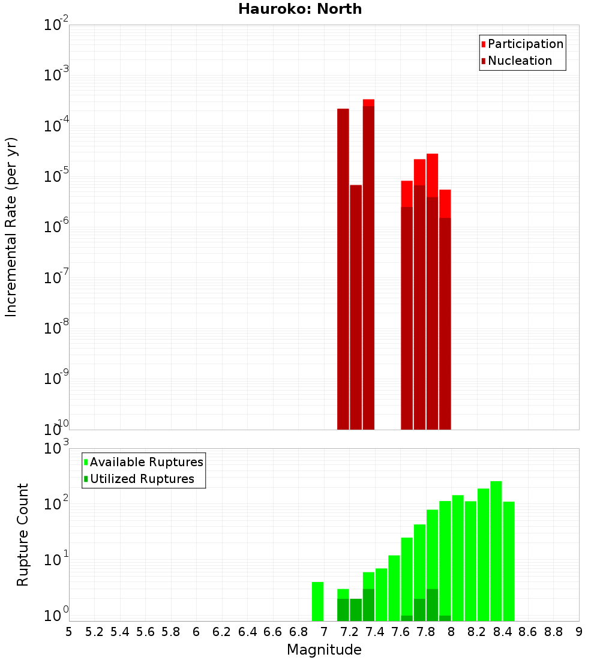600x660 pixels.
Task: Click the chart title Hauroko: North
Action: (x=300, y=9)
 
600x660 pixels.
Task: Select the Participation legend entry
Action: (x=526, y=44)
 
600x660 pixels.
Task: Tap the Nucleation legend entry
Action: (x=520, y=61)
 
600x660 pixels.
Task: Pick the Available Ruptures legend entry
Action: (x=146, y=462)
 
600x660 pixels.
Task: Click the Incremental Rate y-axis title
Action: (x=11, y=227)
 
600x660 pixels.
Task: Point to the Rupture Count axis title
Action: (x=23, y=535)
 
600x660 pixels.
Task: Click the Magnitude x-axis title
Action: (x=324, y=650)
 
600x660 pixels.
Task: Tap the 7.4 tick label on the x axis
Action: (x=375, y=632)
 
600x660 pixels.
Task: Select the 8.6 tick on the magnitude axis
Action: (x=528, y=632)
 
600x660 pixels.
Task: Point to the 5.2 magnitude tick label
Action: (x=94, y=632)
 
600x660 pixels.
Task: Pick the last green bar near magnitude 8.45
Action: (x=509, y=561)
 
